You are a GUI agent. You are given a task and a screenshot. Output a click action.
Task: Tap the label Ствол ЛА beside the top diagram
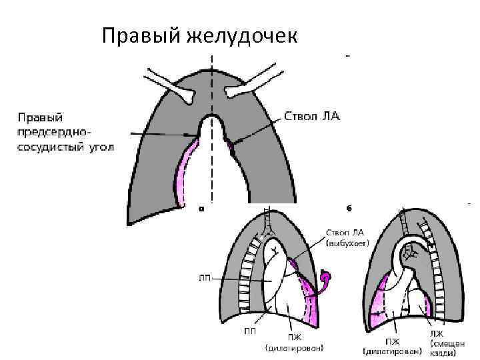click(312, 116)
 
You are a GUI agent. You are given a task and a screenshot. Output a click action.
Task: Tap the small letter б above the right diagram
click(348, 208)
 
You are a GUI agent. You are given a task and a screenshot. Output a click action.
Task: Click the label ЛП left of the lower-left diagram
click(206, 278)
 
